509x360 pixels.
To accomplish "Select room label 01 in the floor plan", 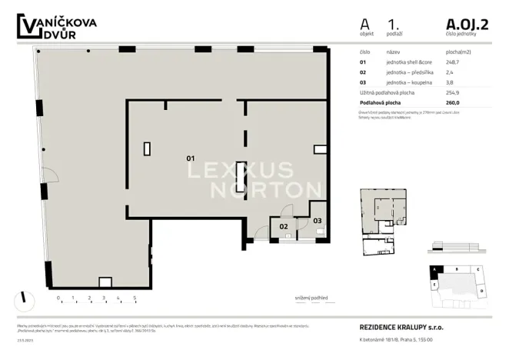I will pyautogui.click(x=191, y=158).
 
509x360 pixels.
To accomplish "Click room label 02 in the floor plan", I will pyautogui.click(x=283, y=226).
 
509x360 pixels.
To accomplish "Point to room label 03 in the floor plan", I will pyautogui.click(x=318, y=221).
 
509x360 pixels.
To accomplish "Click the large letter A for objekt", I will pyautogui.click(x=364, y=25).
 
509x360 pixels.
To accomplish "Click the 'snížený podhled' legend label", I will pyautogui.click(x=309, y=298).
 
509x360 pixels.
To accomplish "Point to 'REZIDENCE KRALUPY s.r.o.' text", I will pyautogui.click(x=401, y=327).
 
